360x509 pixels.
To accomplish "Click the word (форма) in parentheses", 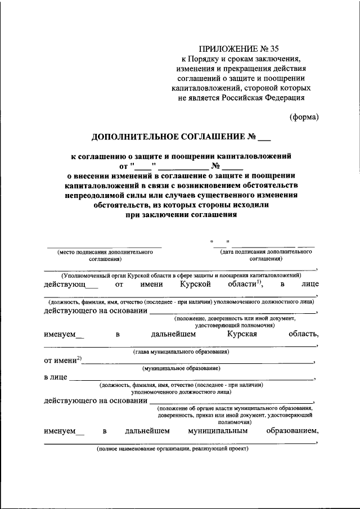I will click(x=304, y=117).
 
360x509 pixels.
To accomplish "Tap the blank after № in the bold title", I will click(x=263, y=137).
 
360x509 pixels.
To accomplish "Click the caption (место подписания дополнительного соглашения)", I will click(x=105, y=256).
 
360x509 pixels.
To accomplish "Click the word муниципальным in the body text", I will click(x=218, y=431).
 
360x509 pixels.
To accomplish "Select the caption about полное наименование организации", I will click(x=172, y=449).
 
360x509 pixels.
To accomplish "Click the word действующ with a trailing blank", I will click(x=64, y=285).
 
